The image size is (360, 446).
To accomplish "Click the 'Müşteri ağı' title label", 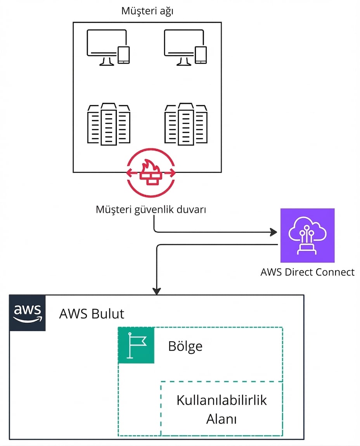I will [147, 11].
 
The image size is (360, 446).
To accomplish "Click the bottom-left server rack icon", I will [108, 124].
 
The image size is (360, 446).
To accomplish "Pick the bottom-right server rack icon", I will [185, 124].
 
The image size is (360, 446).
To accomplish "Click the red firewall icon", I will [151, 173].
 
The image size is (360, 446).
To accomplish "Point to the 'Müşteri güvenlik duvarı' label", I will [151, 210].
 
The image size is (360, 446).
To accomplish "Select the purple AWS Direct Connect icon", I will [307, 236].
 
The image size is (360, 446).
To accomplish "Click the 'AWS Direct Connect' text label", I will [307, 272].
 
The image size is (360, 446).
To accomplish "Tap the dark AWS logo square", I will [27, 313].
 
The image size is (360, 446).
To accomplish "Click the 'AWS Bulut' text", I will [92, 314].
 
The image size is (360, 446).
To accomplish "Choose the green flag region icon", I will [136, 345].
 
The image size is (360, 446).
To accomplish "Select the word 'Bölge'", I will [185, 346].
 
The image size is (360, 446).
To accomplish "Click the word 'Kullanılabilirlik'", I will [222, 400].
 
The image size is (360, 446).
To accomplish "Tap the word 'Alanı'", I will [222, 419].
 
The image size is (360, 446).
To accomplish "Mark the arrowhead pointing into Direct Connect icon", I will [274, 233].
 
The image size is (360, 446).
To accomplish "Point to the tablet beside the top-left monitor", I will [123, 55].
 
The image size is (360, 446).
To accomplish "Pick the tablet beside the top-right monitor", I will [201, 55].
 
